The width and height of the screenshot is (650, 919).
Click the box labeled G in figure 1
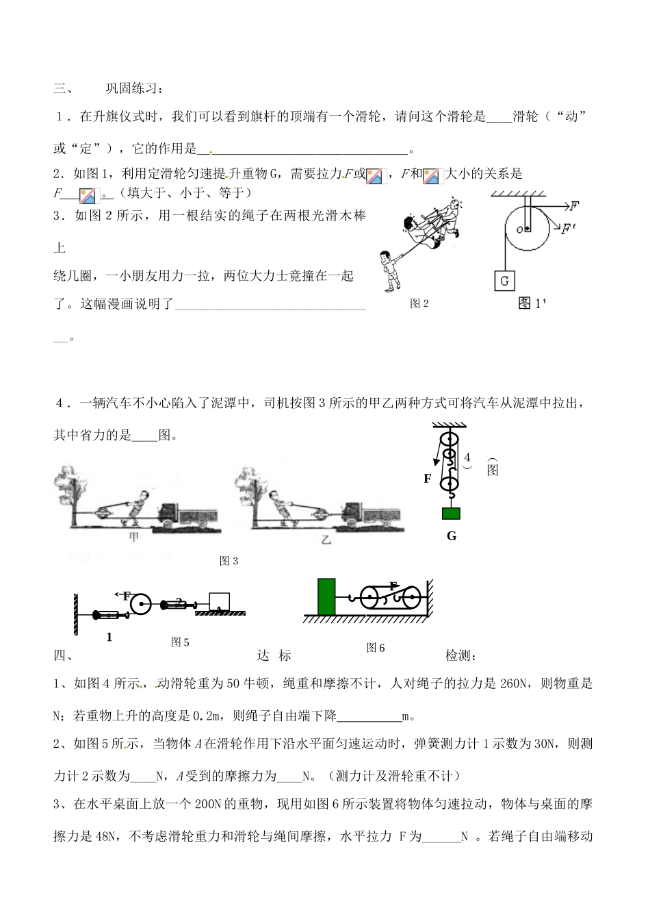coord(504,280)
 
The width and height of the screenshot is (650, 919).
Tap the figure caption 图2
coord(419,303)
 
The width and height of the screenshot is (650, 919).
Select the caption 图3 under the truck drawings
coord(229,561)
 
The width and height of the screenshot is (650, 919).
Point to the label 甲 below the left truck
coord(135,538)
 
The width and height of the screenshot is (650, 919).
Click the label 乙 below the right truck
coord(326,539)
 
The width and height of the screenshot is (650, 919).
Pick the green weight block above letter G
coord(451,514)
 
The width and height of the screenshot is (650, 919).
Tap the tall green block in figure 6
coord(326,600)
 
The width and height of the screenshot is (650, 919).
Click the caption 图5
coord(180,642)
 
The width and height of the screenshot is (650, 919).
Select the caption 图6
coord(376,647)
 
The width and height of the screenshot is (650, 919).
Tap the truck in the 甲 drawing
coord(188,515)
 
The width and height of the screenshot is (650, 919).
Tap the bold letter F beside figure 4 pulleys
coord(428,479)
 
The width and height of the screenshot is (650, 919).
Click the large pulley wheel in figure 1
coord(527,229)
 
